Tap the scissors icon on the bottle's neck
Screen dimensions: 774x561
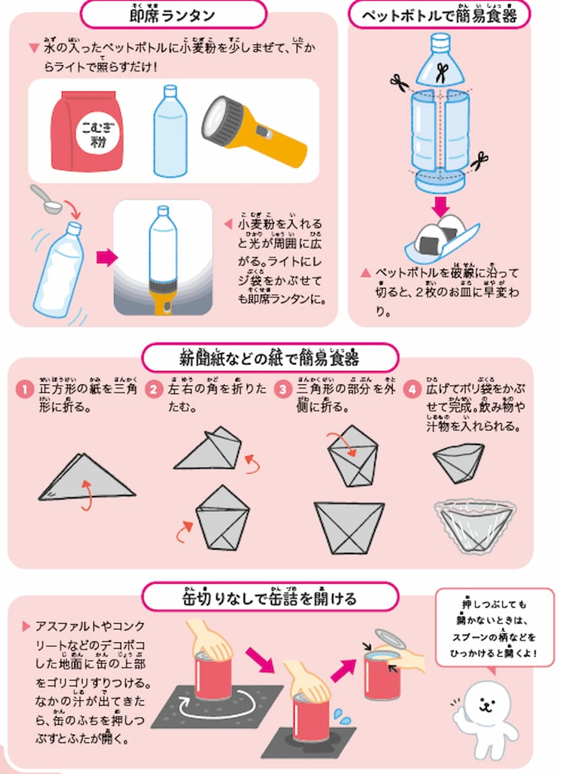click(x=442, y=72)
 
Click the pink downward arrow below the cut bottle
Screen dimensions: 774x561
click(x=441, y=206)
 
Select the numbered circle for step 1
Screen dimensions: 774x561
click(x=25, y=390)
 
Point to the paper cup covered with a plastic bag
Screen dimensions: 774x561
click(x=473, y=526)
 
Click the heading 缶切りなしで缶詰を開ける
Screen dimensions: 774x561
click(x=270, y=597)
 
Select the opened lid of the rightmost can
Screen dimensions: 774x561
click(x=389, y=641)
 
